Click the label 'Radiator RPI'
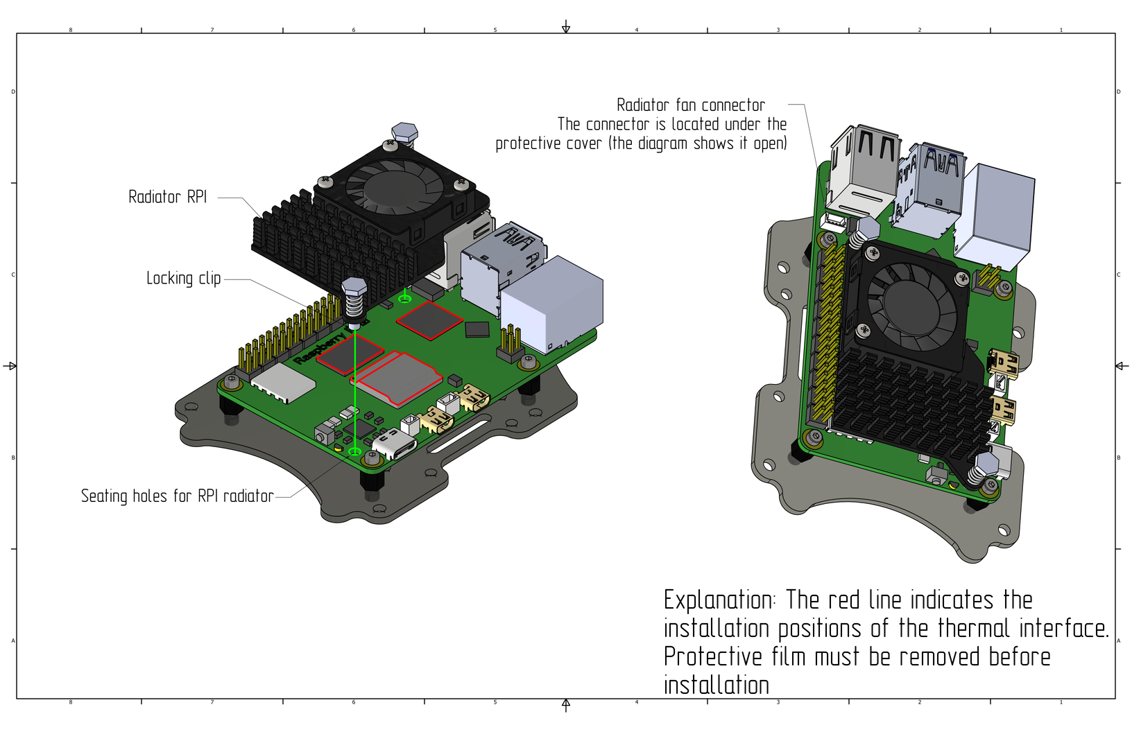click(168, 197)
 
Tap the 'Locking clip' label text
click(183, 279)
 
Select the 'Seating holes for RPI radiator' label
click(177, 496)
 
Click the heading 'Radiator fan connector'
click(690, 105)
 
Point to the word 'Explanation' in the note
click(718, 600)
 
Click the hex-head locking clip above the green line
click(354, 288)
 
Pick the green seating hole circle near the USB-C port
click(354, 452)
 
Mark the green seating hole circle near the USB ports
click(404, 299)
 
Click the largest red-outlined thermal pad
click(398, 378)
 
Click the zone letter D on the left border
click(13, 91)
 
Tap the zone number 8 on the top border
click(71, 30)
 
